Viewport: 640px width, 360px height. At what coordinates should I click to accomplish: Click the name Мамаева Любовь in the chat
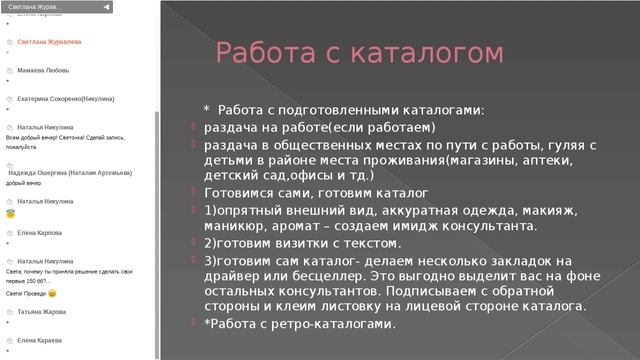pyautogui.click(x=44, y=70)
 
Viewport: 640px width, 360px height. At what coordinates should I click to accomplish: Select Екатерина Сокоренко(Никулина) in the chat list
pyautogui.click(x=65, y=99)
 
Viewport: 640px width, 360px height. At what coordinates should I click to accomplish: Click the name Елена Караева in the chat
pyautogui.click(x=40, y=340)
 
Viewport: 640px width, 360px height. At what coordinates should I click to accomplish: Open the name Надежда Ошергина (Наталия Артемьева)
pyautogui.click(x=70, y=173)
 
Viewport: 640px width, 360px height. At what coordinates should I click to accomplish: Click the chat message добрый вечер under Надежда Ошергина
pyautogui.click(x=24, y=184)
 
